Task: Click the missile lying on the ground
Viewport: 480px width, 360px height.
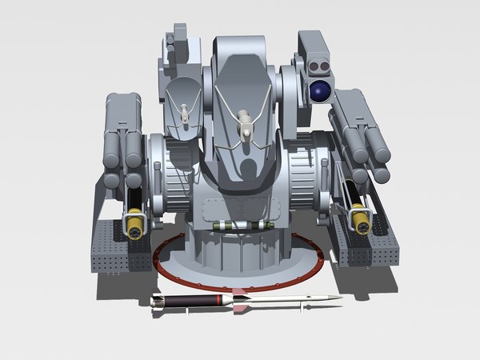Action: [x=240, y=302]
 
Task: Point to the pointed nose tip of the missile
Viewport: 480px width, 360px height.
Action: [x=339, y=298]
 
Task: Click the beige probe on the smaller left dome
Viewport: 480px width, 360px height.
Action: [x=185, y=113]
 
